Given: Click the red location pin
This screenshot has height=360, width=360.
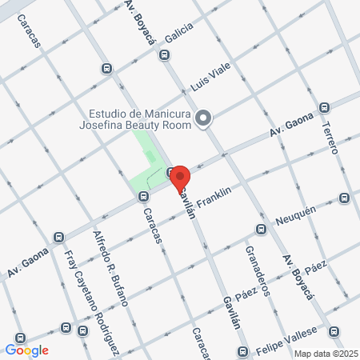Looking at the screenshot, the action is (180, 177).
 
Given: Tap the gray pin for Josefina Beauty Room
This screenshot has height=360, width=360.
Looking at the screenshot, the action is (203, 119).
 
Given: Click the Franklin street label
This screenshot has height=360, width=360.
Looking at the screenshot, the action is (214, 197).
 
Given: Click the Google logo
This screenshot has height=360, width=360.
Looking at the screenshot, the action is (26, 350).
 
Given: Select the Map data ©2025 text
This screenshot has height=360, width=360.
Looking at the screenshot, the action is (324, 354).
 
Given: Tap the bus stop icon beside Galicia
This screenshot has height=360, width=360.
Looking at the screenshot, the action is (164, 54).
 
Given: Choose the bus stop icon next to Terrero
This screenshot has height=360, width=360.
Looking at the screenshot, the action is (324, 107).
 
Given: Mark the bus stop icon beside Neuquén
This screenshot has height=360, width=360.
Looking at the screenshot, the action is (260, 230).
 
